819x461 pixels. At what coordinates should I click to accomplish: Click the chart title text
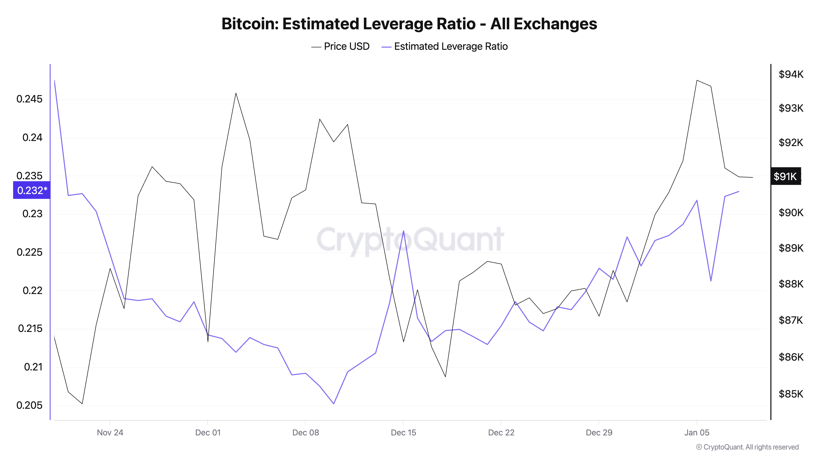pyautogui.click(x=409, y=24)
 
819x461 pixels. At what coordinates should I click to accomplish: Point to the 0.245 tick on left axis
pyautogui.click(x=29, y=99)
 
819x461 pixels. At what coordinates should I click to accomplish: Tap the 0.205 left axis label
pyautogui.click(x=29, y=405)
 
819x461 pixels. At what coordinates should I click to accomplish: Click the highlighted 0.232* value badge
pyautogui.click(x=32, y=190)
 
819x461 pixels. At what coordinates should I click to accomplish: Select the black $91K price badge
pyautogui.click(x=785, y=176)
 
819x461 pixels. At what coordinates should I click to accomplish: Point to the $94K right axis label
pyautogui.click(x=791, y=74)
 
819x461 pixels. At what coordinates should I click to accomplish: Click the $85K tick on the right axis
pyautogui.click(x=791, y=394)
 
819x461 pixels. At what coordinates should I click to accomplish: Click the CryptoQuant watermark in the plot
pyautogui.click(x=410, y=239)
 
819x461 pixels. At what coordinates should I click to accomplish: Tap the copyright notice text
pyautogui.click(x=747, y=447)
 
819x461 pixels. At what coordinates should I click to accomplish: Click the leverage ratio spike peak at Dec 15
pyautogui.click(x=403, y=231)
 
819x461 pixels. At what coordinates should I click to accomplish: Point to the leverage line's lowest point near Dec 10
pyautogui.click(x=334, y=404)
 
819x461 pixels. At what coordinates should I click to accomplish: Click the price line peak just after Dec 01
pyautogui.click(x=236, y=93)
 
